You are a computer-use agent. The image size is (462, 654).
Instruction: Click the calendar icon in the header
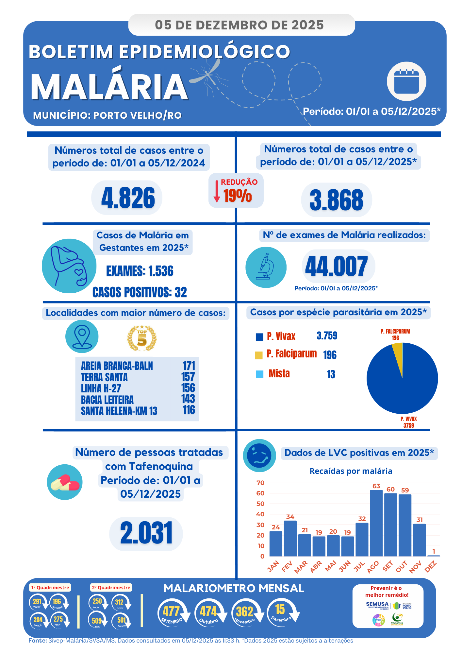point(406,81)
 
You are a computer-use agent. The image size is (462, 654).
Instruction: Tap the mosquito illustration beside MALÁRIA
point(208,76)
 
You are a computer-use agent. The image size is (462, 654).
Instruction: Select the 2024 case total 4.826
point(128,198)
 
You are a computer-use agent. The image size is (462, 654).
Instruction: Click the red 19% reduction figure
point(238,196)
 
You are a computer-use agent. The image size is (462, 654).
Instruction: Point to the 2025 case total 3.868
point(336,200)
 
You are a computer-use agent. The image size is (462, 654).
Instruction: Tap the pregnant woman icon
point(69,266)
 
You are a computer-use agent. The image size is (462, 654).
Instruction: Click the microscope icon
point(266,267)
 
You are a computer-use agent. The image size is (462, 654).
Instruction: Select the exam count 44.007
point(337,266)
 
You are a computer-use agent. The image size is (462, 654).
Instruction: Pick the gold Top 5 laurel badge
point(142,338)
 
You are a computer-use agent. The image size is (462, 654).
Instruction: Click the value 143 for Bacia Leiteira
point(188,399)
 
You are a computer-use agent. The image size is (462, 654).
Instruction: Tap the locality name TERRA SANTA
point(104,377)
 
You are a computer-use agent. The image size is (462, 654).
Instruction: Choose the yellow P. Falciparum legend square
point(259,355)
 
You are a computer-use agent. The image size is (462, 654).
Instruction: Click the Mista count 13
point(331,374)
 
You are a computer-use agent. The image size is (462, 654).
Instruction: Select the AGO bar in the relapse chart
point(376,523)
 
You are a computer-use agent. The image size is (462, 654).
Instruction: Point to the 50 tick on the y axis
point(261,504)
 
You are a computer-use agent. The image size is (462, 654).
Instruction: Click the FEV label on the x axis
point(287,566)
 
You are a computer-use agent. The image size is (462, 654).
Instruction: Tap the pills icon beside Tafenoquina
point(65,482)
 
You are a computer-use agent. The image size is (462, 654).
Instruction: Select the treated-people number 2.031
point(146,533)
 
